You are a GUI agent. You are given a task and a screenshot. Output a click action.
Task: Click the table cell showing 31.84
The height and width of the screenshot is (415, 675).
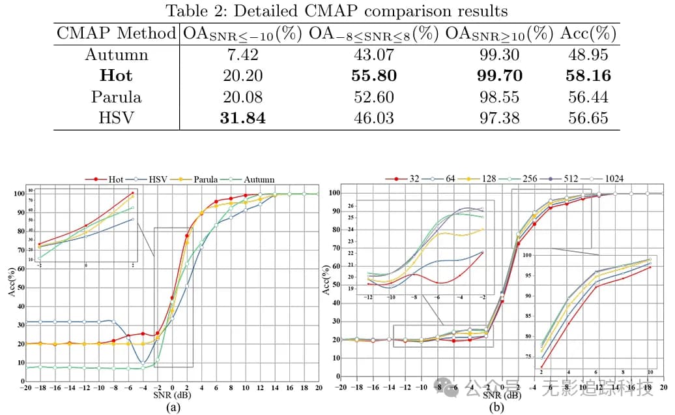pos(242,118)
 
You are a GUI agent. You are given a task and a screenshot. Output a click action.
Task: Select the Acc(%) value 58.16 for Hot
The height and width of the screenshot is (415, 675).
pos(588,76)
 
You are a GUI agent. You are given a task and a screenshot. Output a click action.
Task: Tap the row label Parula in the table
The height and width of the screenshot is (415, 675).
pos(116,97)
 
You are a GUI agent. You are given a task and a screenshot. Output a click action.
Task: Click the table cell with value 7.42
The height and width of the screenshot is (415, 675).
pos(242,55)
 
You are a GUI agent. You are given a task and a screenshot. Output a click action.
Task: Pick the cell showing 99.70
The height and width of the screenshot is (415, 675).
pos(499,76)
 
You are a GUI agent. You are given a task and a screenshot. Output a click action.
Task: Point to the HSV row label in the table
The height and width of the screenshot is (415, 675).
pos(116,118)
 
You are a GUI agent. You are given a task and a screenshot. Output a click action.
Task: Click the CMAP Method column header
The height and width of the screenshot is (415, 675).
pos(116,33)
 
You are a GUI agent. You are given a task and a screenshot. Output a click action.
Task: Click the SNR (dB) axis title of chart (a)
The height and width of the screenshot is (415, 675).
pos(173,395)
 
